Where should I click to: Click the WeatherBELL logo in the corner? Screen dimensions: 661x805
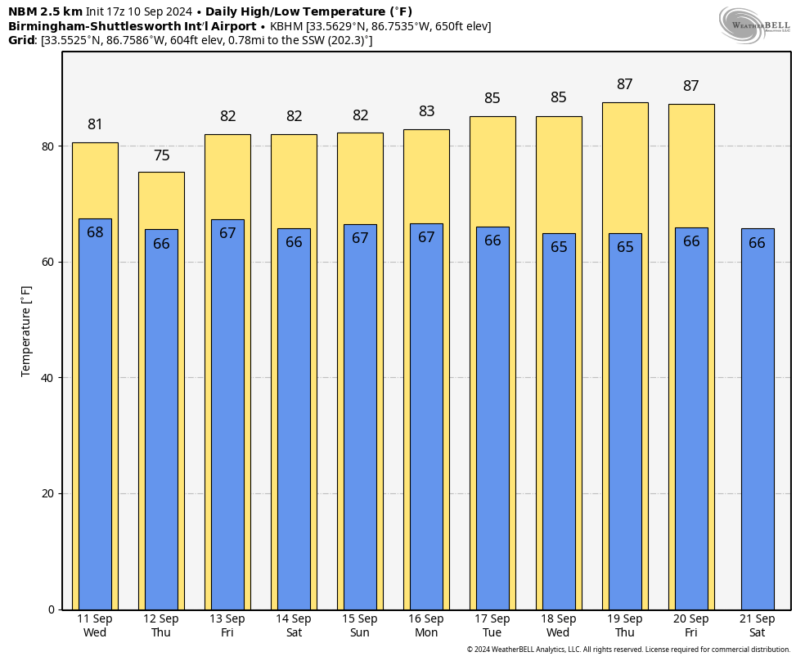click(x=755, y=24)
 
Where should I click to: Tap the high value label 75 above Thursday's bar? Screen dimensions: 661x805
click(x=161, y=155)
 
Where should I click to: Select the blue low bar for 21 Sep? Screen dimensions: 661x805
click(x=758, y=418)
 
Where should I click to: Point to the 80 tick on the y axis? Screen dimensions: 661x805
click(x=48, y=146)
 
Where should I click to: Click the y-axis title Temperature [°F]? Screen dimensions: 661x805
click(x=26, y=330)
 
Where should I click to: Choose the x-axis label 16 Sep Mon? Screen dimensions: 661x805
click(x=426, y=626)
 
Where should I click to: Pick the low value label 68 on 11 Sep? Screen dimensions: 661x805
click(x=95, y=232)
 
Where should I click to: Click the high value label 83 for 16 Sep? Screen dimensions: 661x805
click(x=426, y=111)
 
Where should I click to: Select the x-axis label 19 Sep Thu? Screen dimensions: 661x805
click(x=625, y=626)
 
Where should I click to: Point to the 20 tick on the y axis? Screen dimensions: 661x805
click(x=48, y=493)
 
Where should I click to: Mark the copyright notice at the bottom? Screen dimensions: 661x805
click(x=628, y=650)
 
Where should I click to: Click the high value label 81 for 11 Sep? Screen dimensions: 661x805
click(x=95, y=125)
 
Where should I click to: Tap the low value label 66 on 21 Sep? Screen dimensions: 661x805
click(x=758, y=243)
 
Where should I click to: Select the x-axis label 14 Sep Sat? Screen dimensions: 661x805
click(x=294, y=626)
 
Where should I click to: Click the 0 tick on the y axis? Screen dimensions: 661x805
click(x=52, y=609)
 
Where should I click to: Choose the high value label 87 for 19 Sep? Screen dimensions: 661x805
click(x=625, y=84)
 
